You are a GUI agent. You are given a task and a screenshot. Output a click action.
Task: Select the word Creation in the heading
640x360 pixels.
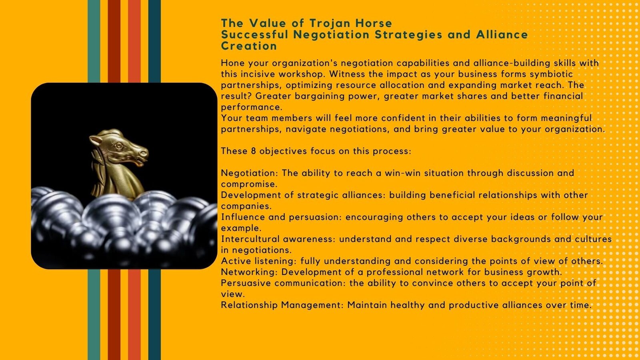249,46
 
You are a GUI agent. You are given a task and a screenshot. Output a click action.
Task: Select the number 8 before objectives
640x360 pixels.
254,151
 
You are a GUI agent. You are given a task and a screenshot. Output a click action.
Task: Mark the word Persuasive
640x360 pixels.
246,283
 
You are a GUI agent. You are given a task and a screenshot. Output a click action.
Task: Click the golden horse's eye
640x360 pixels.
119,146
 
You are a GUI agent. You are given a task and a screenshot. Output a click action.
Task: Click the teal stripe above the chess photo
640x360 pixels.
94,42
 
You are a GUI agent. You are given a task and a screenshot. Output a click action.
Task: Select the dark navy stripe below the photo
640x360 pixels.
154,314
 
